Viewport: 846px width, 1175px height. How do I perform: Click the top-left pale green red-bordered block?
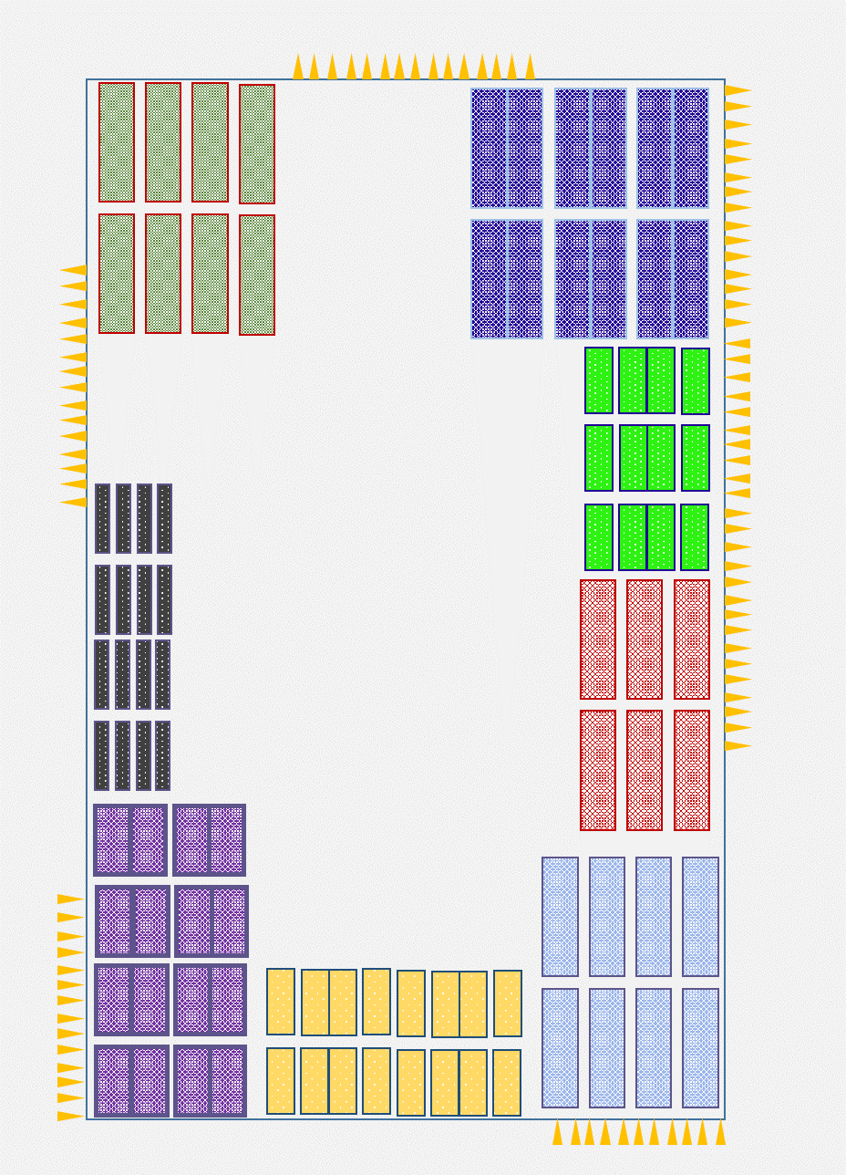117,142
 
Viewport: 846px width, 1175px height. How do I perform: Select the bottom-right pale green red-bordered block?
257,275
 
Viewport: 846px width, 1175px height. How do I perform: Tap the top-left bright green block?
599,380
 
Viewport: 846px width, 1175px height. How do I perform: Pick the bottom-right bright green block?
695,537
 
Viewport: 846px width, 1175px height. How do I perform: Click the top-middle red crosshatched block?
645,639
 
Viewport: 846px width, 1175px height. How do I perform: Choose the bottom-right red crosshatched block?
692,770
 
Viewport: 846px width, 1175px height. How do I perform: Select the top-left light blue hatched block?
561,916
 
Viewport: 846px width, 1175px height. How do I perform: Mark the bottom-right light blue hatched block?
700,1048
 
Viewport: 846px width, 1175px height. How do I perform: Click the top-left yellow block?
281,1002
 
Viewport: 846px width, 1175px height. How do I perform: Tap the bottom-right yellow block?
507,1083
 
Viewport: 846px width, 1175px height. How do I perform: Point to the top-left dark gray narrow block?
103,518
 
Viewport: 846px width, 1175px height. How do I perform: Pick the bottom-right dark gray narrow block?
162,755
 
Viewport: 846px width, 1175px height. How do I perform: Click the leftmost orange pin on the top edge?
298,68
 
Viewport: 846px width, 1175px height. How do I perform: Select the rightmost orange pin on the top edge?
530,68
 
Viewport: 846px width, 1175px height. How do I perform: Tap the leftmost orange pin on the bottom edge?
558,1132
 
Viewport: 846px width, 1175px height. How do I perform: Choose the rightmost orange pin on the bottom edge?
720,1132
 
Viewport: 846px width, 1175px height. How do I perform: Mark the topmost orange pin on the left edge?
74,270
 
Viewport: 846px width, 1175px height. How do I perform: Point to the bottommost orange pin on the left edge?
70,1116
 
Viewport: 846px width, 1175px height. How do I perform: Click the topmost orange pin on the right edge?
738,90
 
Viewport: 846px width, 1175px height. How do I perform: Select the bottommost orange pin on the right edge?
738,746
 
